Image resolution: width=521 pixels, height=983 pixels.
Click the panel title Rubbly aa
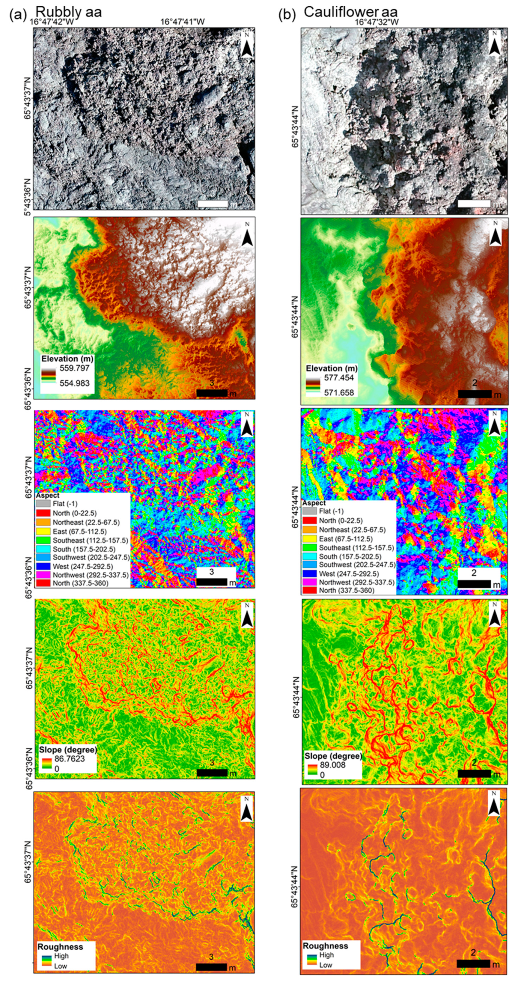click(68, 12)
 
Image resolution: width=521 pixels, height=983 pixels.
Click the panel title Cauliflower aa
click(350, 12)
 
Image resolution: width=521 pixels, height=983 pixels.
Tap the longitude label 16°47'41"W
click(182, 22)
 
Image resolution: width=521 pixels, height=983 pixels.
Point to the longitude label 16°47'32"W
click(377, 22)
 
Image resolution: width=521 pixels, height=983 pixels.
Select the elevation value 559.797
click(74, 368)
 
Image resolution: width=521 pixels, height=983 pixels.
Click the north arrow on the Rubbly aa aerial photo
click(247, 45)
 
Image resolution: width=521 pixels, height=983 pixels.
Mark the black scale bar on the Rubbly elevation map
click(212, 393)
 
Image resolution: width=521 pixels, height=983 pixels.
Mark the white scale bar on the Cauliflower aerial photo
click(474, 204)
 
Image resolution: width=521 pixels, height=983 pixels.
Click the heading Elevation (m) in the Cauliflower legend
click(332, 368)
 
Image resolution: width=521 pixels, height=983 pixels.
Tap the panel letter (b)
click(287, 15)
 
